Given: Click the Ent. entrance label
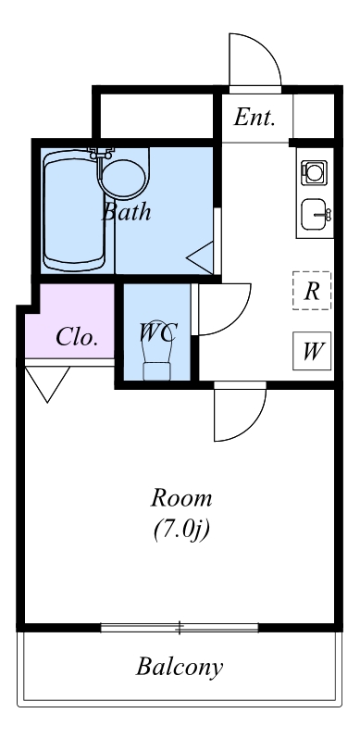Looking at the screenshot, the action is [x=254, y=118].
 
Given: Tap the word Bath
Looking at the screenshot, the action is [x=126, y=212].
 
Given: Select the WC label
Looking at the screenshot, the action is [x=157, y=332].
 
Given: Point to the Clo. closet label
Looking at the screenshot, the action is [x=77, y=337].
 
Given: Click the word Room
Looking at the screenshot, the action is [x=181, y=498].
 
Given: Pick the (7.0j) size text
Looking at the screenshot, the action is [x=181, y=530].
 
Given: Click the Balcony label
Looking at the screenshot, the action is [x=180, y=667].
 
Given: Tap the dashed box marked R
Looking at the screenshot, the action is [x=312, y=291].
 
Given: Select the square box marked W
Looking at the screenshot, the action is [x=312, y=351].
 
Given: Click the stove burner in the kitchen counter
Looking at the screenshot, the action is [x=314, y=173].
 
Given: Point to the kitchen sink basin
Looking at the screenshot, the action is [x=314, y=214].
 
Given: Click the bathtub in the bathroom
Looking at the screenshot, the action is [x=74, y=211].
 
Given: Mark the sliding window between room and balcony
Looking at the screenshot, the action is [x=180, y=628].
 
